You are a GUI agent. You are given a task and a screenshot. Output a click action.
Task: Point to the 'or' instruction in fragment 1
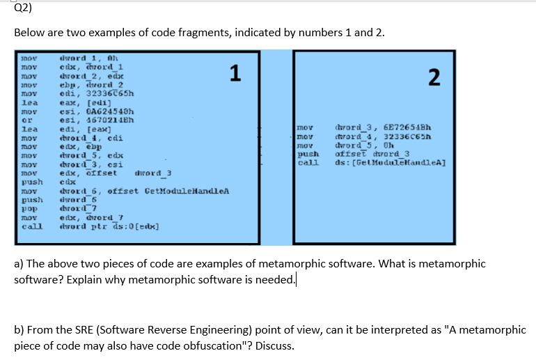point(26,119)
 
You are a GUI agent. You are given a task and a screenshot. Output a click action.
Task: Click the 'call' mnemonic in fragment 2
point(307,163)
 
